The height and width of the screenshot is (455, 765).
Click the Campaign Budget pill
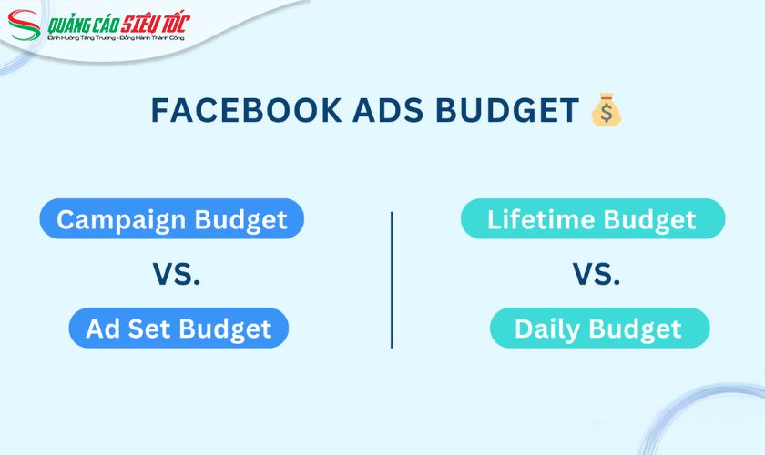coord(171,219)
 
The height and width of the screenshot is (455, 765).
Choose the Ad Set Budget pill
coord(178,329)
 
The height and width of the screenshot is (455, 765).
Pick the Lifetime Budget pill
coord(592,219)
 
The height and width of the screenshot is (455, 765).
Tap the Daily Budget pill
coord(598,329)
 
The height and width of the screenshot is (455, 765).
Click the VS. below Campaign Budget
coord(175,274)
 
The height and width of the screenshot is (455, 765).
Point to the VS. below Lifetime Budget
coord(597,274)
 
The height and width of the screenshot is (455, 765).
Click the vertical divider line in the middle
coord(392,279)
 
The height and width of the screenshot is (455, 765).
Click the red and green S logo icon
coord(25,27)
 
